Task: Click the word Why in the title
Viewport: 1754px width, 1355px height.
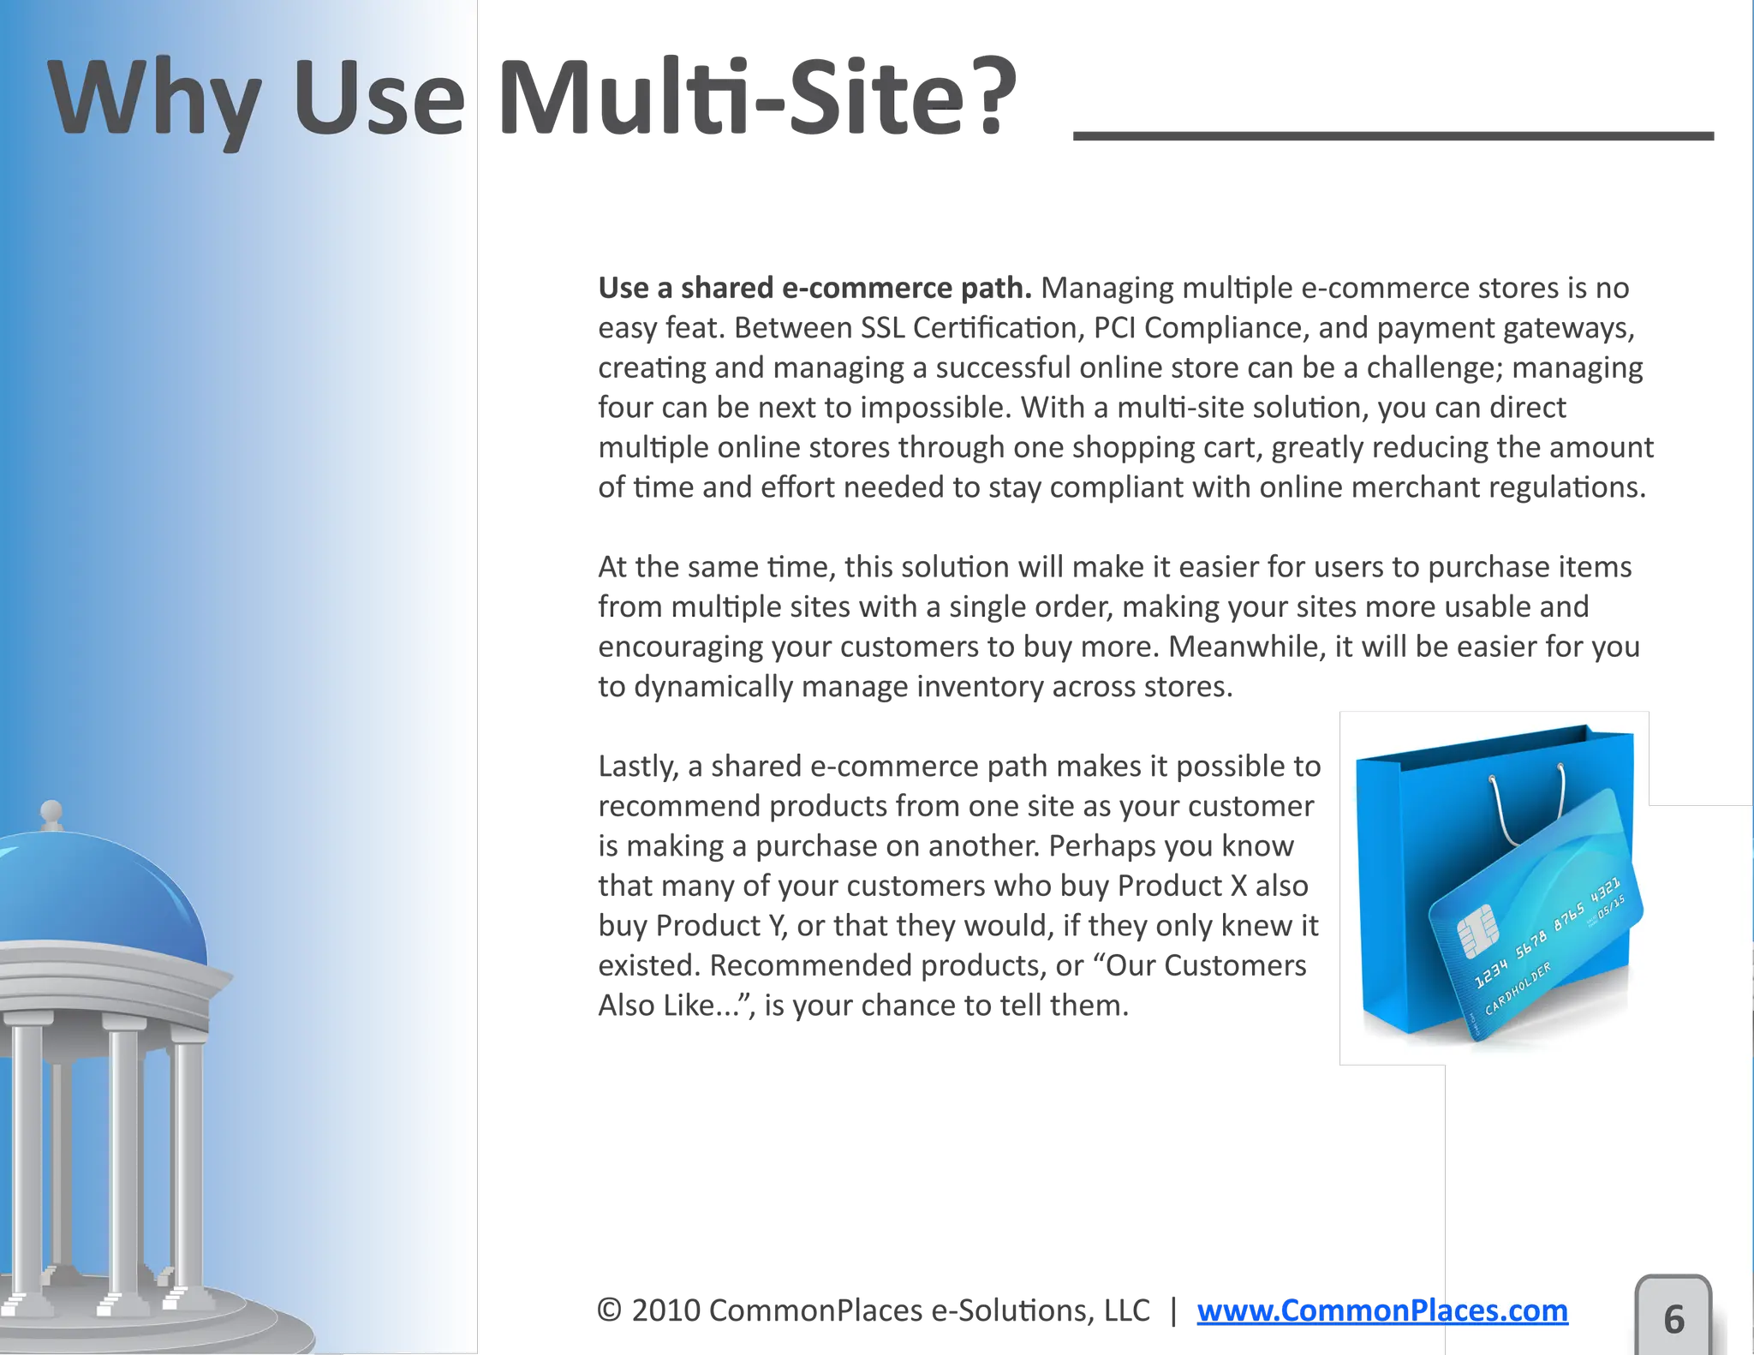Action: coord(154,98)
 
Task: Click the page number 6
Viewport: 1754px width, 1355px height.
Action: coord(1673,1319)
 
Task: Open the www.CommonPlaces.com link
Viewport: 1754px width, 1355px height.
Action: coord(1381,1310)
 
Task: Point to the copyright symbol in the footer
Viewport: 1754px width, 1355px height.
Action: coord(609,1310)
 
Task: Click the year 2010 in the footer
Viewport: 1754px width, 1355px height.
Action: coord(665,1310)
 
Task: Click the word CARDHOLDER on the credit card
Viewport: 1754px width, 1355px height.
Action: coord(1518,988)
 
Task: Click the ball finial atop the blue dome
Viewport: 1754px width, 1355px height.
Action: coord(51,810)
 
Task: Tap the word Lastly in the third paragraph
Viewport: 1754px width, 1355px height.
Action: coord(637,767)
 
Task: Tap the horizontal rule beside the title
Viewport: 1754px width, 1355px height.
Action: coord(1393,136)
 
